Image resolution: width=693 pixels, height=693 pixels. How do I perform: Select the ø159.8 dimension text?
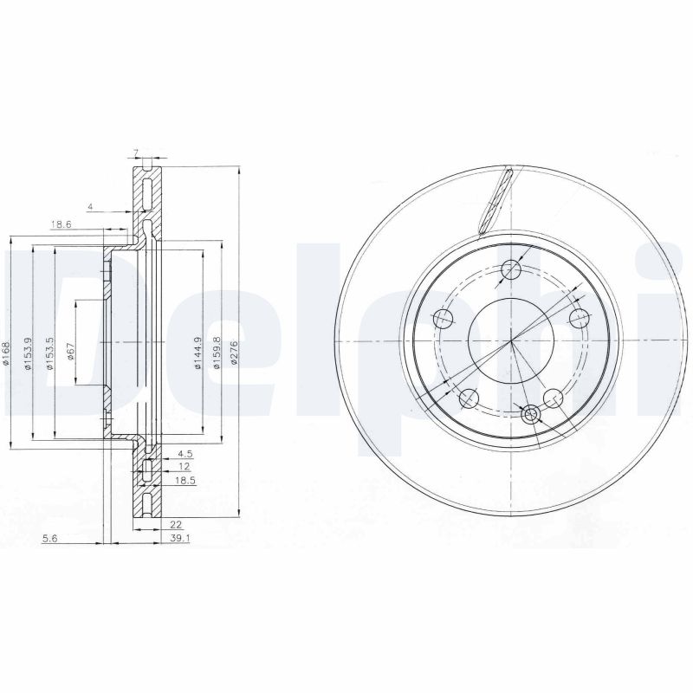point(217,352)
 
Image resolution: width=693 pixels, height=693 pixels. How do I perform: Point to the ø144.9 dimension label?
point(198,353)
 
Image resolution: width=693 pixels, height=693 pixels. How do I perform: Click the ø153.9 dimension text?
point(28,353)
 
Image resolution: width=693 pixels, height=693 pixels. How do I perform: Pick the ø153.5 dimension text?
point(49,353)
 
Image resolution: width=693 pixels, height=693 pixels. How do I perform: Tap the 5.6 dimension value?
point(50,538)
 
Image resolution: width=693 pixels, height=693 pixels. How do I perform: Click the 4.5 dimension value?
point(184,452)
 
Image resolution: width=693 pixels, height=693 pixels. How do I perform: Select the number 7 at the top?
point(136,153)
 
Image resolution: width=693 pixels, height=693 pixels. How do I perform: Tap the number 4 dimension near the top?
point(89,207)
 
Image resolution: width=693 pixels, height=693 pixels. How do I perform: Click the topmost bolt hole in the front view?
point(511,269)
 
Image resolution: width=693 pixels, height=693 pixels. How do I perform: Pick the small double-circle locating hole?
point(531,415)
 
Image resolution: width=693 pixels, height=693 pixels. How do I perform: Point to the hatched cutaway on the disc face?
point(495,201)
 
